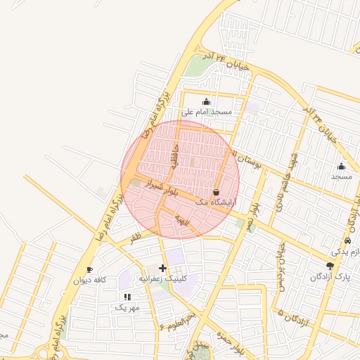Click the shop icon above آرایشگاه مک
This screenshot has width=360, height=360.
pos(215,192)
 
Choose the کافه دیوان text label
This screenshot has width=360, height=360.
pos(91,280)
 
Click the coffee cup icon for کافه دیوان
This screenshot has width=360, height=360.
pos(89,269)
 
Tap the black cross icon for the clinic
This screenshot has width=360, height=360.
pos(163,268)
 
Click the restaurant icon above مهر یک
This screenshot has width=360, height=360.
pos(127,297)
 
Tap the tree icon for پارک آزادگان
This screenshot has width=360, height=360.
pos(330,266)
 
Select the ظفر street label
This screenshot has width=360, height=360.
pos(135,238)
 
